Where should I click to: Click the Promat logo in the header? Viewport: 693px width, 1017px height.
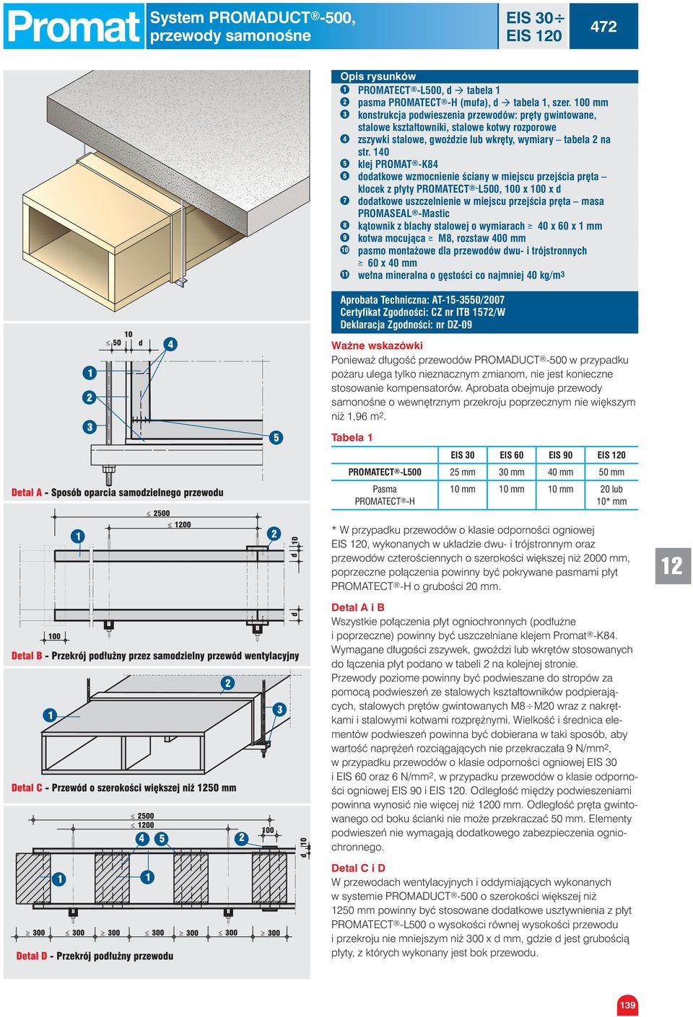pyautogui.click(x=72, y=27)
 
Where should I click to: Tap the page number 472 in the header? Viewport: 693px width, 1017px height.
pyautogui.click(x=603, y=27)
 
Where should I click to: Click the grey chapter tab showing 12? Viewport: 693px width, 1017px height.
pyautogui.click(x=672, y=565)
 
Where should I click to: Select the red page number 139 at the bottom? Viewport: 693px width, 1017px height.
pyautogui.click(x=627, y=1005)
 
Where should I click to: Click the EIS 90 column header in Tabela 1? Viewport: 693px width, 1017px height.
pyautogui.click(x=560, y=455)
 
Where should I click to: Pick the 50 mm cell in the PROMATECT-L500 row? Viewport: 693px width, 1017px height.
pyautogui.click(x=611, y=472)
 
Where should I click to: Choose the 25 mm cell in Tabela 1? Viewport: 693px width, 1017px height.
pyautogui.click(x=463, y=472)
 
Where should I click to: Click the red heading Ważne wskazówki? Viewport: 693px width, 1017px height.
pyautogui.click(x=377, y=345)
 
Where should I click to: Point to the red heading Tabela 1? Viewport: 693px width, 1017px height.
pyautogui.click(x=352, y=437)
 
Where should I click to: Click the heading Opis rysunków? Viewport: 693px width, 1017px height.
pyautogui.click(x=378, y=76)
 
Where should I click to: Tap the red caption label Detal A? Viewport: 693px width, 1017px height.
pyautogui.click(x=26, y=493)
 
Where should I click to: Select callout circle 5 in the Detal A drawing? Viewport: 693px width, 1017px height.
pyautogui.click(x=276, y=438)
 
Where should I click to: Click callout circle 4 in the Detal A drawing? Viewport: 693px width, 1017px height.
pyautogui.click(x=170, y=344)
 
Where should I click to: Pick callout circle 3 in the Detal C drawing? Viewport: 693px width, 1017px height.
pyautogui.click(x=279, y=710)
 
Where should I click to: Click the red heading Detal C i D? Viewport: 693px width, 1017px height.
pyautogui.click(x=358, y=868)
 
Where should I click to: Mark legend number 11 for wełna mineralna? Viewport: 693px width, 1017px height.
pyautogui.click(x=345, y=275)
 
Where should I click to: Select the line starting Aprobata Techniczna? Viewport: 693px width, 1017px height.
pyautogui.click(x=422, y=300)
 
